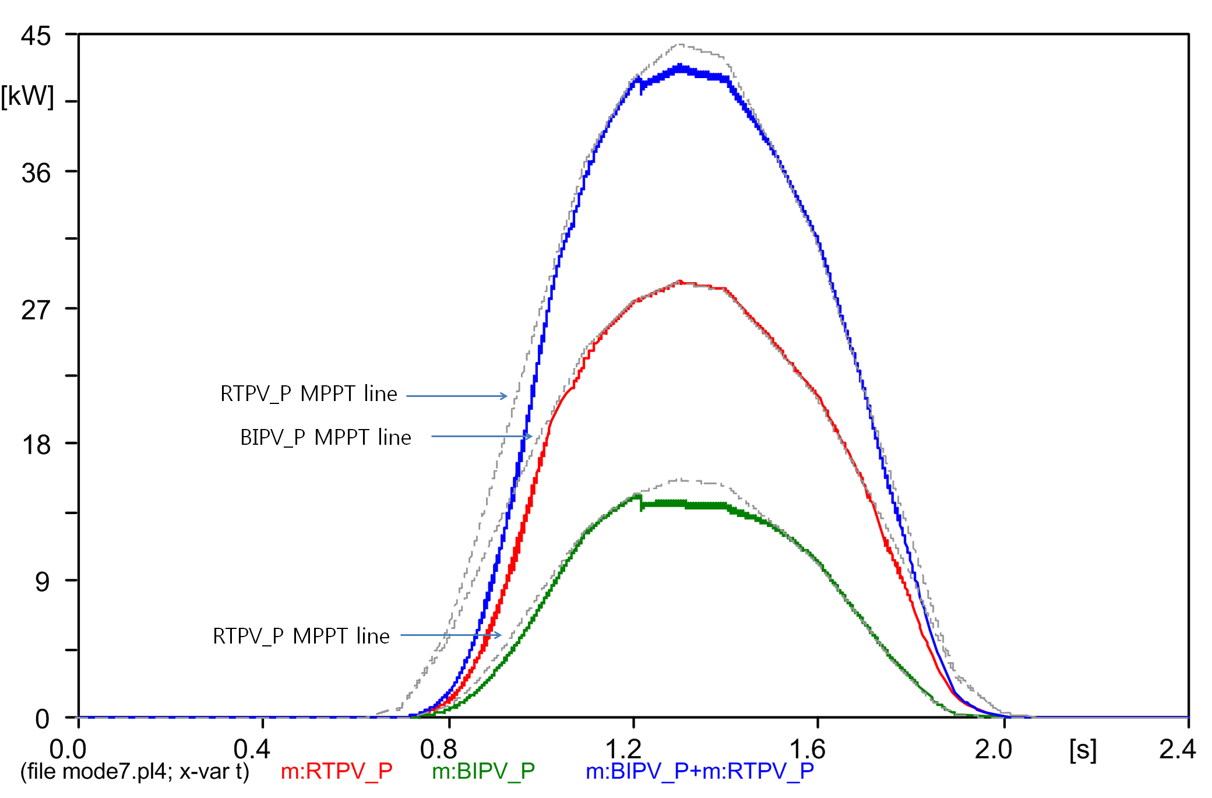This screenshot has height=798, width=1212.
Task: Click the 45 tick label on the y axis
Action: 36,36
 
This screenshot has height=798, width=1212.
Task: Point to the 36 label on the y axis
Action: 36,173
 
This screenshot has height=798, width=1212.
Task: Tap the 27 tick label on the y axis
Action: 36,310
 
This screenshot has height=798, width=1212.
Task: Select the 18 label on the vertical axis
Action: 36,445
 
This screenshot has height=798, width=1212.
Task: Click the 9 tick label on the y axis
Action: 42,582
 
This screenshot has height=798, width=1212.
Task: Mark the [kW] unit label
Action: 27,96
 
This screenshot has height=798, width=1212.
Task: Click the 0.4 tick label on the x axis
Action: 252,749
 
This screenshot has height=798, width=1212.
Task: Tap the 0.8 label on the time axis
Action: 438,749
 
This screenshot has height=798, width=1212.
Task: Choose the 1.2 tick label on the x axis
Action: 623,749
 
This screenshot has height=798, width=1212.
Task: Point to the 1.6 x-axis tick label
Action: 807,749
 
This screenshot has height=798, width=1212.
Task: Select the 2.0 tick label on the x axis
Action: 993,749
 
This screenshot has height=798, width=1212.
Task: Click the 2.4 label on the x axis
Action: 1177,749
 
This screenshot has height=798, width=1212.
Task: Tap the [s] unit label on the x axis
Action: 1083,750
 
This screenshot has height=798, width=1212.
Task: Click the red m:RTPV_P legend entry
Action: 336,771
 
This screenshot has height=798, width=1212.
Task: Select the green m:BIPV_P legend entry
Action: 483,771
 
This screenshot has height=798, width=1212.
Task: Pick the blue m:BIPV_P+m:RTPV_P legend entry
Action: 699,771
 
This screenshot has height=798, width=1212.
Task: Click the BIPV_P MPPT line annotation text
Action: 325,437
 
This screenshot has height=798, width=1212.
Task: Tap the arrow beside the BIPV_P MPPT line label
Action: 481,436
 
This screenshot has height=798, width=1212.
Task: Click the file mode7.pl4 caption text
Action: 135,771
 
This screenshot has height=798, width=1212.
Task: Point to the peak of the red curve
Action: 680,282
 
